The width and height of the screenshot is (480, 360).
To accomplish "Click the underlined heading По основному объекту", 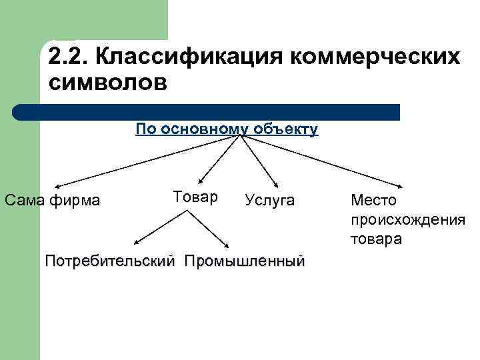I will click(x=227, y=129).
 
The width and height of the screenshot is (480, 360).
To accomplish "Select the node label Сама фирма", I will click(x=52, y=200).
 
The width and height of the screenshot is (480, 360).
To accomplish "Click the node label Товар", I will click(x=195, y=197).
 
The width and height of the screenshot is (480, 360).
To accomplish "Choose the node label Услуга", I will click(x=269, y=200).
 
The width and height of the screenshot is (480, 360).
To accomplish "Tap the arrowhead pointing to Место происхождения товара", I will click(x=399, y=187).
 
